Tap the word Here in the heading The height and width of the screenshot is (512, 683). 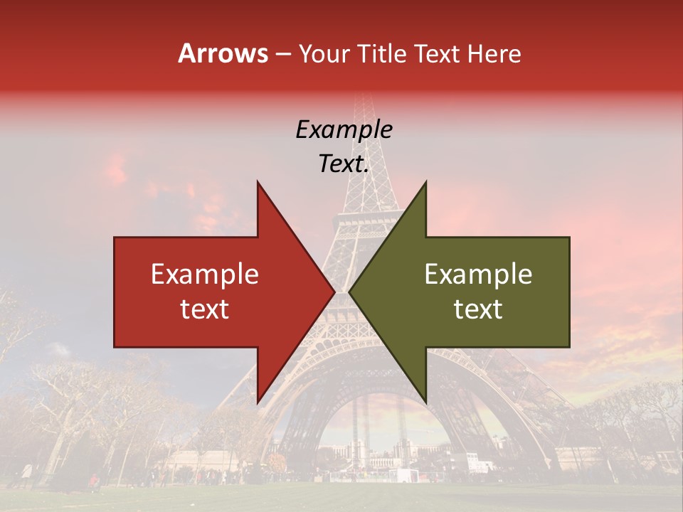494,53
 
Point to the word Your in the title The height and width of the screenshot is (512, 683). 324,53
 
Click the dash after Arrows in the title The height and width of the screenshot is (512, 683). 282,55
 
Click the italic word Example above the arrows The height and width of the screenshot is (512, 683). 344,129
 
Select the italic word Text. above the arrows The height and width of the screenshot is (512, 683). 344,164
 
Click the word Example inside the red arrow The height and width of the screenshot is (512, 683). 204,274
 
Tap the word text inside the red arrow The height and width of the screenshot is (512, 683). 204,309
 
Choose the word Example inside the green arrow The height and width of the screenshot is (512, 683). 478,274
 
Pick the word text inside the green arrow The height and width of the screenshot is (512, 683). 478,309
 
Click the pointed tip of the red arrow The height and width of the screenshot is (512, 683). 334,292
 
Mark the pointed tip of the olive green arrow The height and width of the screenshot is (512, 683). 349,292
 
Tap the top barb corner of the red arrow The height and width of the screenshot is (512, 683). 258,181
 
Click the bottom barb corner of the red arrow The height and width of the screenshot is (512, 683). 258,402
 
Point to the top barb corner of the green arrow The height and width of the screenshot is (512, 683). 425,181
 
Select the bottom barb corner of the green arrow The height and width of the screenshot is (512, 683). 425,402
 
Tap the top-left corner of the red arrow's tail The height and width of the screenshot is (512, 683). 115,238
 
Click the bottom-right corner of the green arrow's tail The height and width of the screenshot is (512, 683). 569,347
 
